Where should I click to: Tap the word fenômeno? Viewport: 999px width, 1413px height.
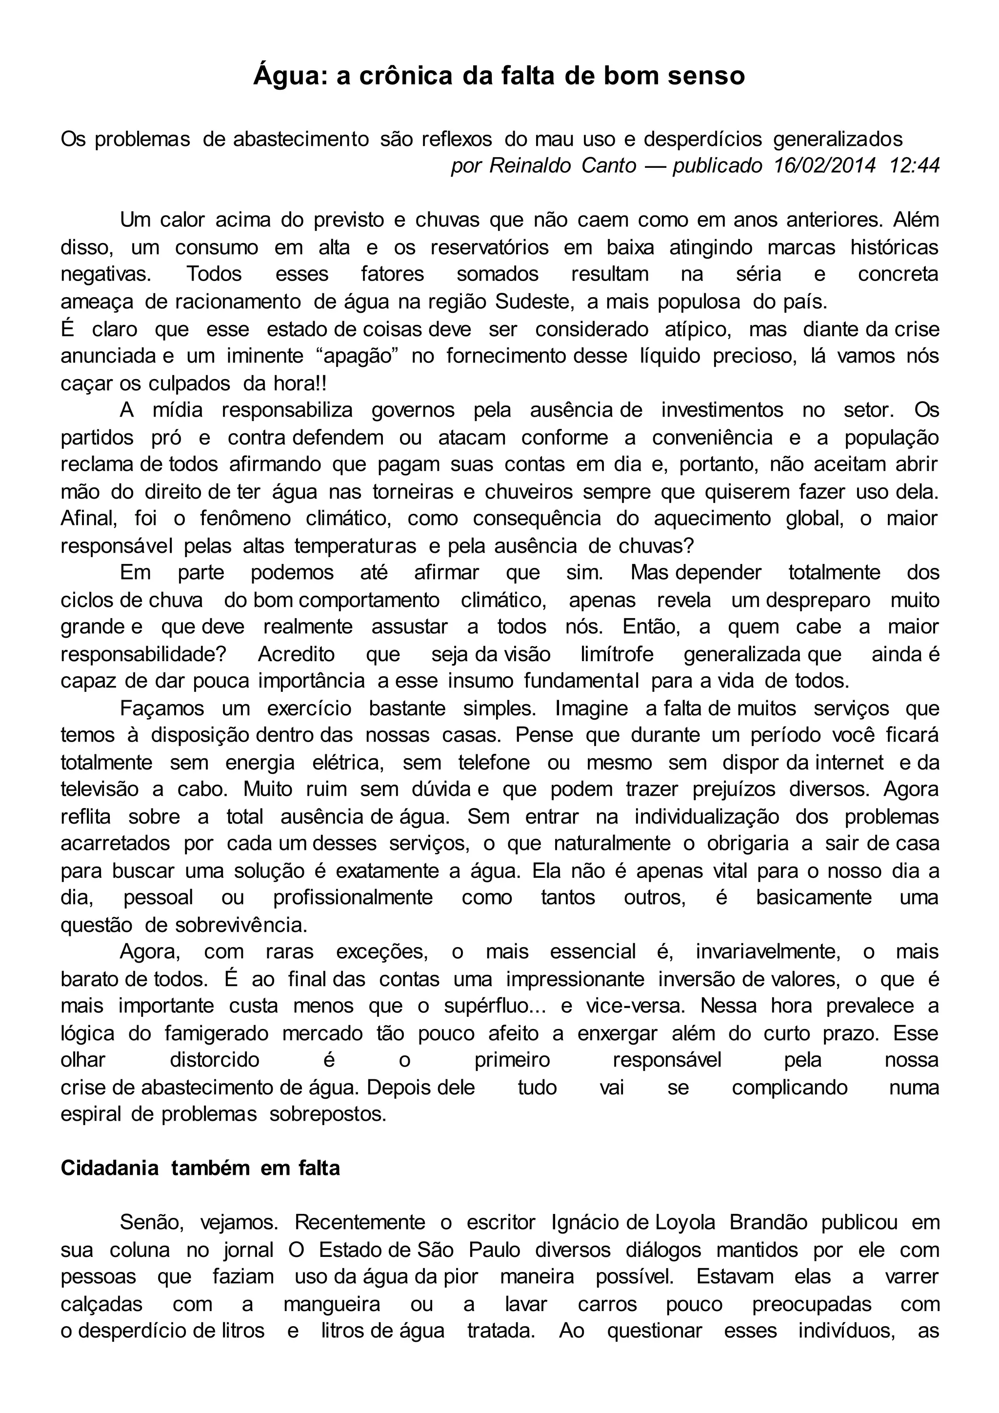[x=245, y=519]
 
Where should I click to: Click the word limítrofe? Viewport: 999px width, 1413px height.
[x=617, y=654]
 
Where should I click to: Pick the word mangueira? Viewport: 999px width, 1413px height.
[x=332, y=1304]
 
